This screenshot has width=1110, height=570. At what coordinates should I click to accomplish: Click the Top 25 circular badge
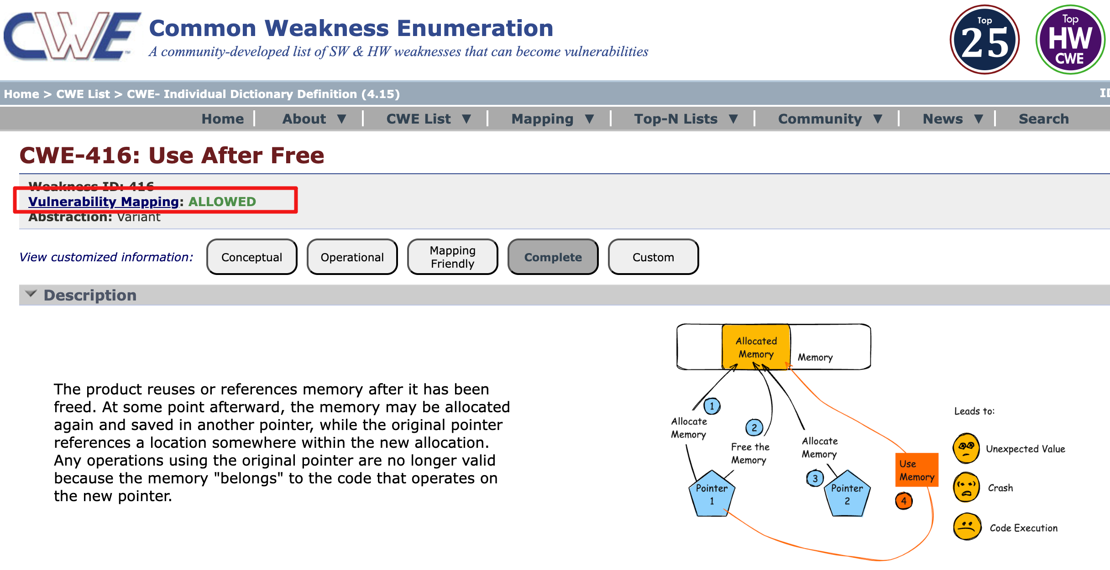coord(984,40)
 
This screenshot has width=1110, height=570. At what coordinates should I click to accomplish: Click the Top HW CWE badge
coord(1070,40)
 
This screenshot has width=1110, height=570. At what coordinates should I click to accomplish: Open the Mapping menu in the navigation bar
coord(552,119)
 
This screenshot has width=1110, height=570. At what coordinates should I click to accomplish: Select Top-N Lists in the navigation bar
coord(685,119)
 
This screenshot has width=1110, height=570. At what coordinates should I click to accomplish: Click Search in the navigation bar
coord(1043,119)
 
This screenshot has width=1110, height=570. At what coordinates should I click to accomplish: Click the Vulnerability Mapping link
coord(104,202)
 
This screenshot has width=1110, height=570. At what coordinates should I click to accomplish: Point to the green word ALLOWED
coord(222,202)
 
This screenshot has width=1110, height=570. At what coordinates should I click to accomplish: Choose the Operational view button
coord(352,257)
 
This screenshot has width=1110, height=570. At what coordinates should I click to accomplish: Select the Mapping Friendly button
coord(452,257)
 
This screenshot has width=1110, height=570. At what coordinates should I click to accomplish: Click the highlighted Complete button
coord(553,257)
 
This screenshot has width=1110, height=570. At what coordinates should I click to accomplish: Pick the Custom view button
coord(653,257)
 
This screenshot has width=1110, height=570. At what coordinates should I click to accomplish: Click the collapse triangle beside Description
coord(31,294)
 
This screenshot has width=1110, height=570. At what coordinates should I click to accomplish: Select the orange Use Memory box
coord(916,470)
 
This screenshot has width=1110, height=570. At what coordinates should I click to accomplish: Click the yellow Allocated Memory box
coord(756,347)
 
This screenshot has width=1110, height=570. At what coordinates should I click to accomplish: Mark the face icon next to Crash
coord(966,487)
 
